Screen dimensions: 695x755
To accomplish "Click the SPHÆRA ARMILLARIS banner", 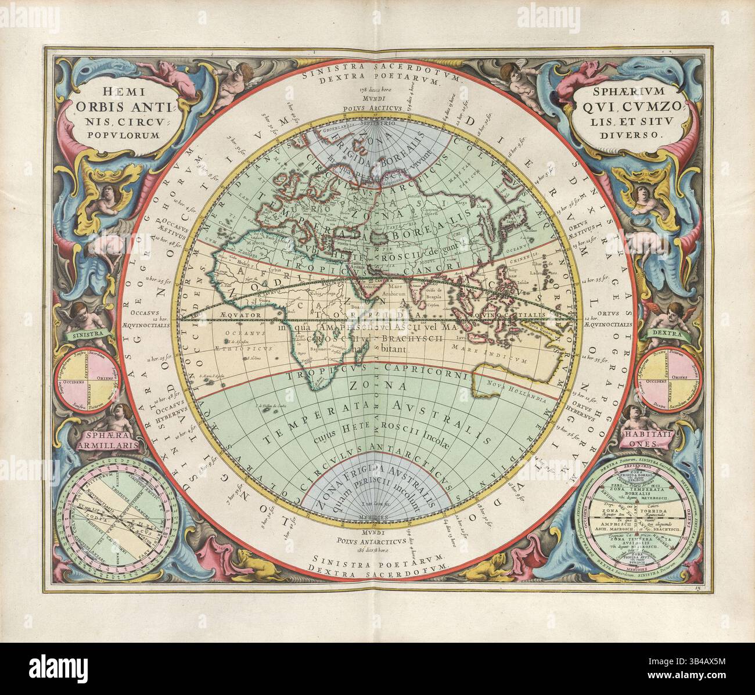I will [x=98, y=440].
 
